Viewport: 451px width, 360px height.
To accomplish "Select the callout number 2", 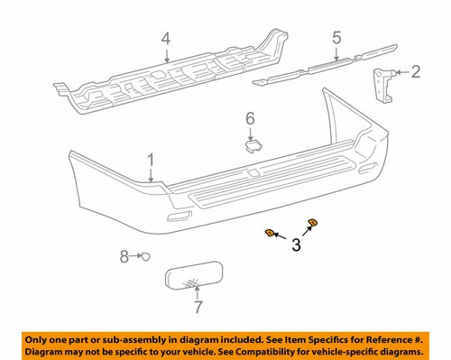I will [415, 71].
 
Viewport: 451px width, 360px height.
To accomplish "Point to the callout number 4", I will [165, 39].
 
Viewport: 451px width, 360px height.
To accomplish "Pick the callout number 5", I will [336, 39].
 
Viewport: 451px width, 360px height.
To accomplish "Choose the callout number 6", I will [252, 117].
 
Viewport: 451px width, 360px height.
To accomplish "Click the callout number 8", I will [124, 257].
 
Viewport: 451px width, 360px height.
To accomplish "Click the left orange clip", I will [269, 235].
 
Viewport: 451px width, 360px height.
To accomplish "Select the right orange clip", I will [313, 223].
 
